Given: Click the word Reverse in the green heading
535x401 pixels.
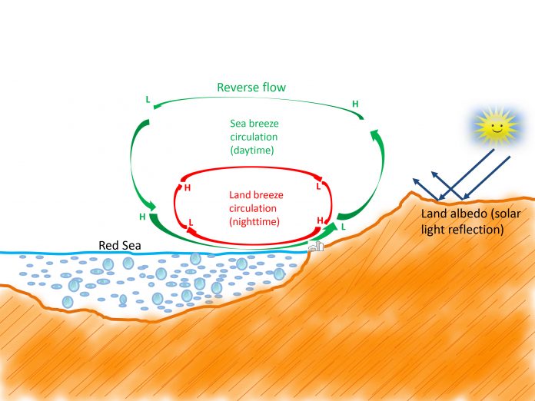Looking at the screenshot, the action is coord(237,88).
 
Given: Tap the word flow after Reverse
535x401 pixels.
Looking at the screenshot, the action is coord(274,88).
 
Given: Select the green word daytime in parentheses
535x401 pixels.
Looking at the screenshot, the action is coord(252,150).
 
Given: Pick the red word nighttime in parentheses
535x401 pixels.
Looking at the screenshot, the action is coord(254,222).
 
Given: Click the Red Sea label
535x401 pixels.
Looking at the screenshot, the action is coord(120,245).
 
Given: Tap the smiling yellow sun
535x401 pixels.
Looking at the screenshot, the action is coord(496,127).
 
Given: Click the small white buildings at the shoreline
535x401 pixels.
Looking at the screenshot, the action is coord(316,246).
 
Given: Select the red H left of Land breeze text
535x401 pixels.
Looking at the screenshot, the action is coord(188,188).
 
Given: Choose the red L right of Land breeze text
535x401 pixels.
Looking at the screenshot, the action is coord(318,186).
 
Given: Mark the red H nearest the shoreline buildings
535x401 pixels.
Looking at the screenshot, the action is coord(320,220).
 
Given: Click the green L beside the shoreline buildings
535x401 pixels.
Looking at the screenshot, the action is coord(344,227).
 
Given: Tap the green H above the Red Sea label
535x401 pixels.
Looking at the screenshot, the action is coord(142,217).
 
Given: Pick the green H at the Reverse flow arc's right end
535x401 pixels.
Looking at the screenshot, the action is coord(355,104).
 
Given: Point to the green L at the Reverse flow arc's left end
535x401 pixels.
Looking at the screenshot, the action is coord(148,100).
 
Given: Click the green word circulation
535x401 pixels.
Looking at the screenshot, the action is coord(254,137).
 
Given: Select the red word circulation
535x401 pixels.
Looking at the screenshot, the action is coord(253,208).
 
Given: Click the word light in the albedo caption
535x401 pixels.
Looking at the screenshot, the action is coord(433,230).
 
